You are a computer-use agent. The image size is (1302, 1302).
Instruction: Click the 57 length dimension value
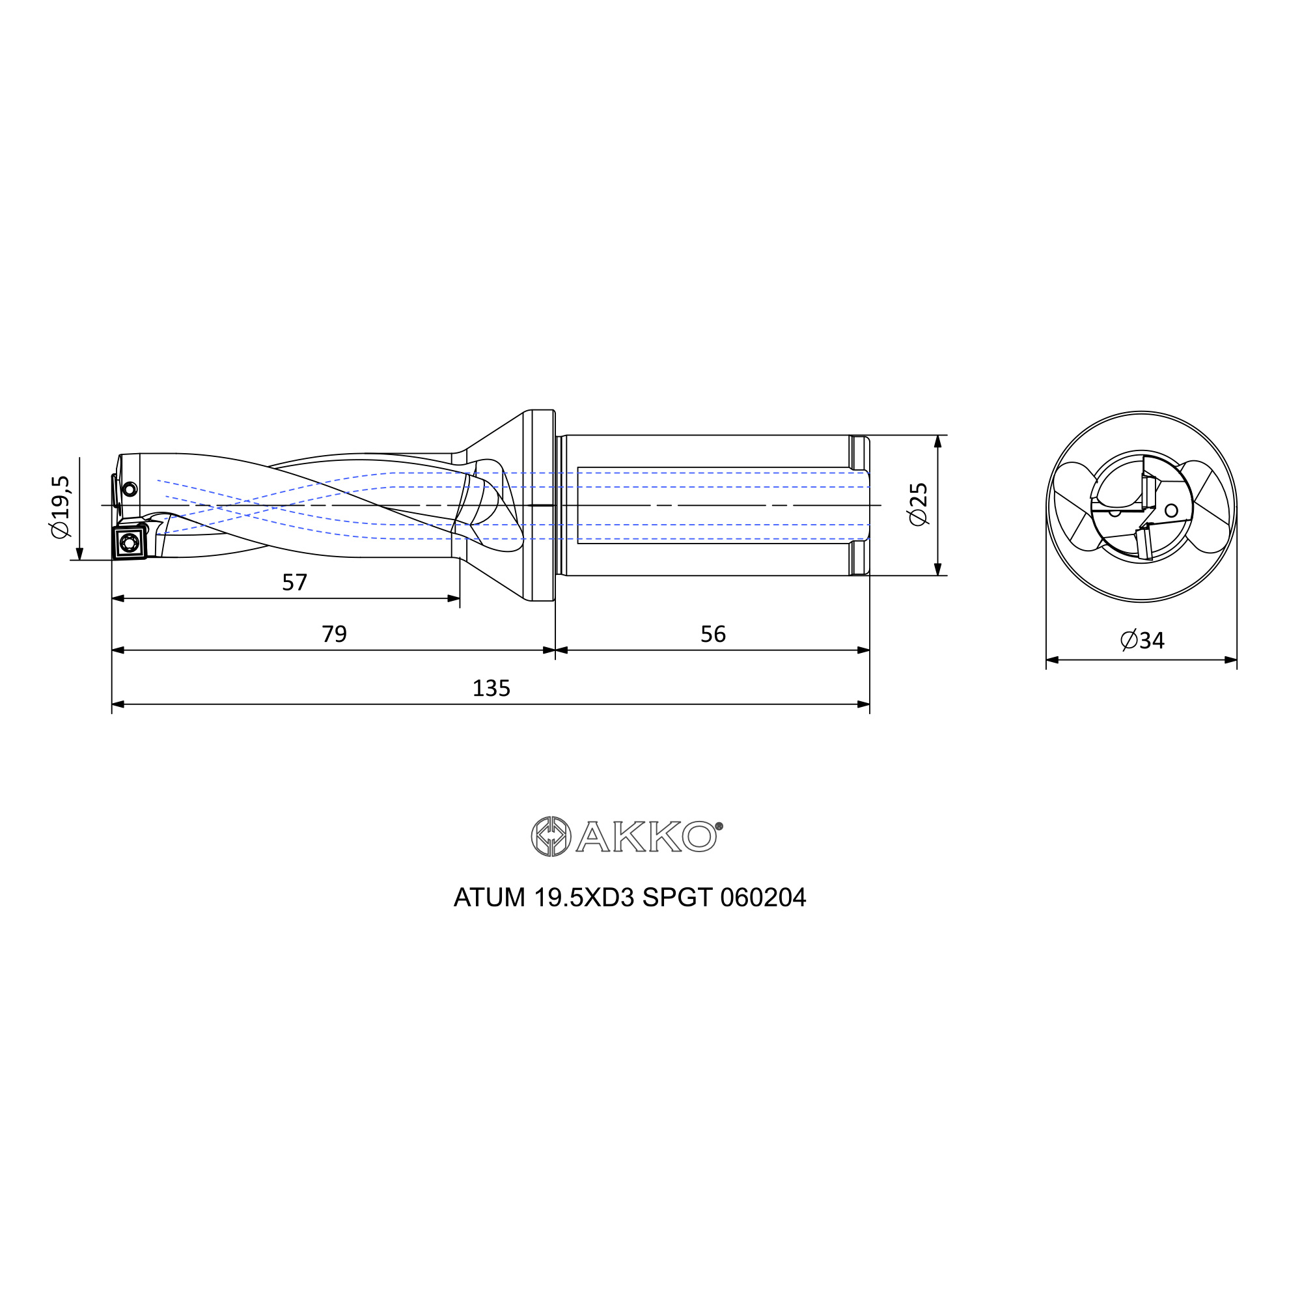(294, 582)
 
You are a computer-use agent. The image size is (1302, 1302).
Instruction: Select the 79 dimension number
(334, 634)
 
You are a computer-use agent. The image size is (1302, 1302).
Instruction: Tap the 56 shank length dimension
(713, 634)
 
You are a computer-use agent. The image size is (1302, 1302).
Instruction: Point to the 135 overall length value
(492, 688)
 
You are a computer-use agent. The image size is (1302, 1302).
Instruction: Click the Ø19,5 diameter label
(61, 506)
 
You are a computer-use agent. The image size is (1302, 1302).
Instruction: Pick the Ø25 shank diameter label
(919, 505)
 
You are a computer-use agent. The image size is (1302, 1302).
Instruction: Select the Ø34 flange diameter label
(1143, 640)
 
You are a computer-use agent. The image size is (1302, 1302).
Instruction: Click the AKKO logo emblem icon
(551, 837)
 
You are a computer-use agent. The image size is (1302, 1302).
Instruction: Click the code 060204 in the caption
(763, 898)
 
